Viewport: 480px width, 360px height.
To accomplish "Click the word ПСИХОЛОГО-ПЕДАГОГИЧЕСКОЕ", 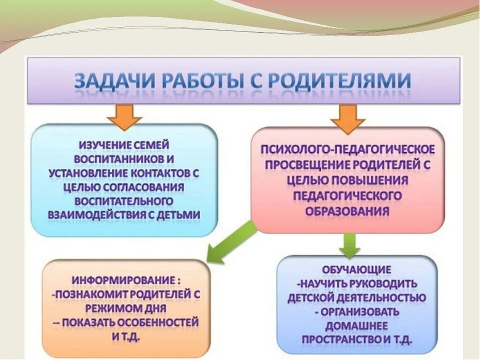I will (x=347, y=150).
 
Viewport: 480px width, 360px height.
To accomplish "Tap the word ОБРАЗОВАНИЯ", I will (x=347, y=210).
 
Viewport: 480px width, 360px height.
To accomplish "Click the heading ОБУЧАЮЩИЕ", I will (x=356, y=270).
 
